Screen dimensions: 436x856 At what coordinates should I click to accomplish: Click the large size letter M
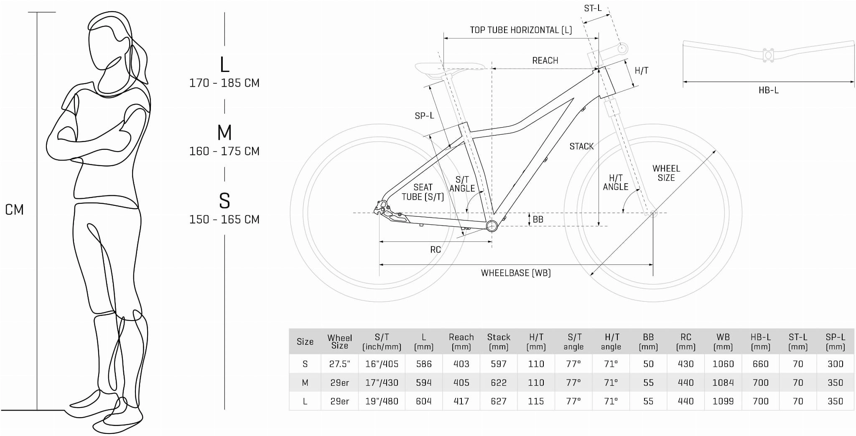point(224,133)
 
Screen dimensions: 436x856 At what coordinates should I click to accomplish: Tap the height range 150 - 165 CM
point(224,219)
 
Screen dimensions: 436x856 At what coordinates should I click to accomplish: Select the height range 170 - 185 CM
point(224,83)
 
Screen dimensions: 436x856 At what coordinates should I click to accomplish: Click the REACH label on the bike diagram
point(545,61)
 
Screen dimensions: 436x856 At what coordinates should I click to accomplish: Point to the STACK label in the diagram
point(581,146)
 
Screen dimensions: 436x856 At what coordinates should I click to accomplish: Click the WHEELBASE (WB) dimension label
point(516,273)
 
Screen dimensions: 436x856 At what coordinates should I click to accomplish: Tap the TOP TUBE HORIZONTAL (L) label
point(521,30)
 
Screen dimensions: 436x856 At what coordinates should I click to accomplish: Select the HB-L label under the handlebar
point(769,90)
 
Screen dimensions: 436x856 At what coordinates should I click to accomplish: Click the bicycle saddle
point(449,68)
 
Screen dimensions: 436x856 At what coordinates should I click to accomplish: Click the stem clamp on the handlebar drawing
point(768,55)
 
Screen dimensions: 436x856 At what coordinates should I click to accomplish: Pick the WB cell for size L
point(723,401)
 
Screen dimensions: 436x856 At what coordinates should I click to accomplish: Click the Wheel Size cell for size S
point(339,364)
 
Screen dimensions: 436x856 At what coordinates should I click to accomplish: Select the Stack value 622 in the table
point(499,382)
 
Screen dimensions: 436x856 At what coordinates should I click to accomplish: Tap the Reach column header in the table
point(461,342)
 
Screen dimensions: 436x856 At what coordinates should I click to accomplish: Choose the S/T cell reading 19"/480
point(382,401)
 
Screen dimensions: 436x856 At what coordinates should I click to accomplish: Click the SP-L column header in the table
point(835,342)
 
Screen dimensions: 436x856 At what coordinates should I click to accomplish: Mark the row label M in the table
point(305,382)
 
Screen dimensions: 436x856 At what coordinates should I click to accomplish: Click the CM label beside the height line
point(14,210)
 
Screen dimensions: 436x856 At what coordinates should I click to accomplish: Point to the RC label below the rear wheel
point(436,250)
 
